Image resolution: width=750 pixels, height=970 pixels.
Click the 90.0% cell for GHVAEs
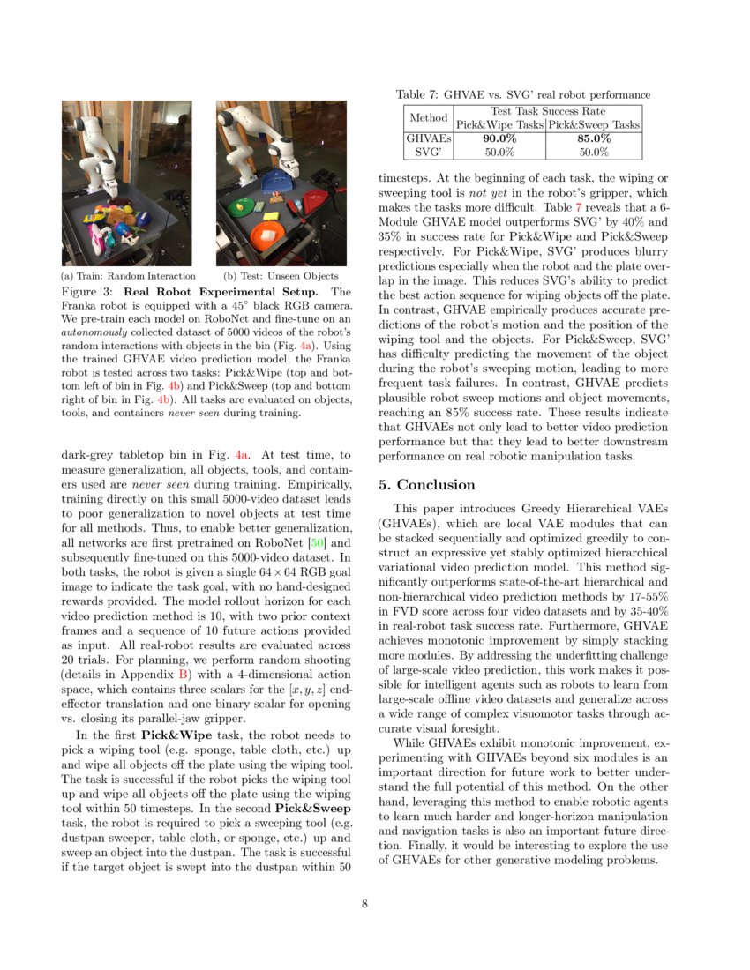(499, 138)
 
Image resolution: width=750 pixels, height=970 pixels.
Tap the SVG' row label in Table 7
(427, 152)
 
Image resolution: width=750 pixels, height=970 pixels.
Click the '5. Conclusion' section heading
(427, 485)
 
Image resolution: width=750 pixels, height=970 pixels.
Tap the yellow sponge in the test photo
(267, 208)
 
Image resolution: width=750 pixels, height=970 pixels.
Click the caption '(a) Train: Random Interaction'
(128, 276)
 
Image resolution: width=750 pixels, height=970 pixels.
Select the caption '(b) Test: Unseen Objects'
(281, 276)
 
